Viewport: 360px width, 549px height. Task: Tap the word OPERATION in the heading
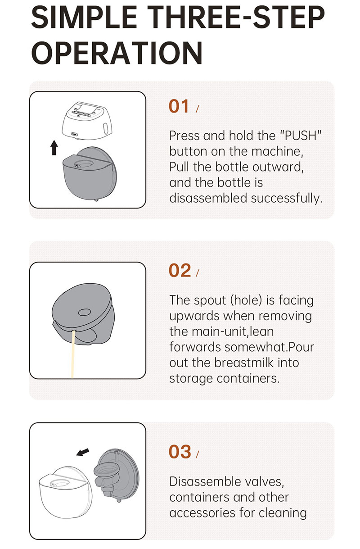[x=117, y=53]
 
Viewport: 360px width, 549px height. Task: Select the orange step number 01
[x=179, y=106]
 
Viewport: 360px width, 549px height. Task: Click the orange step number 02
[x=180, y=270]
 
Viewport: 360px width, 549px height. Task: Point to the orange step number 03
[x=180, y=452]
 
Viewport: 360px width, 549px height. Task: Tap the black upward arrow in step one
[x=54, y=148]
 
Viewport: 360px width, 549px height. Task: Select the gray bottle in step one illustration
[x=90, y=173]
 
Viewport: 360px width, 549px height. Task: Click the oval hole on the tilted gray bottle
[x=84, y=312]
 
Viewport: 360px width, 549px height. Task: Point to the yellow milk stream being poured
[x=72, y=354]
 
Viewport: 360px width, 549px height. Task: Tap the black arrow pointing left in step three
[x=82, y=453]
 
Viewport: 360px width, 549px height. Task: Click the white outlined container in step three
[x=65, y=492]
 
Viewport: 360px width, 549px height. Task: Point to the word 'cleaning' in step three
[x=283, y=513]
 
